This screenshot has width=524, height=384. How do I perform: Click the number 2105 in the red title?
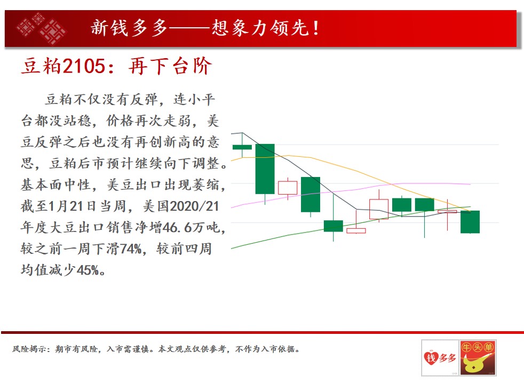[x=84, y=66]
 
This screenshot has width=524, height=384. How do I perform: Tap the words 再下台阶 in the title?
[x=170, y=66]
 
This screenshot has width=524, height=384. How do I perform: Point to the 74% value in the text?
[x=131, y=249]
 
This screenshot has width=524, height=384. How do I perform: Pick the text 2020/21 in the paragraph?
[x=194, y=206]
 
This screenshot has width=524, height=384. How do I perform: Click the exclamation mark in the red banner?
[x=315, y=28]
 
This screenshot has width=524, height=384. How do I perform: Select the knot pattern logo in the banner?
[x=41, y=28]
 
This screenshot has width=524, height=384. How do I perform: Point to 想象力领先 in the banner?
[x=260, y=28]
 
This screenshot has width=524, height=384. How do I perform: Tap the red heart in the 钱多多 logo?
[x=431, y=358]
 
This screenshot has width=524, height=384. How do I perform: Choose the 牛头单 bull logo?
[x=478, y=358]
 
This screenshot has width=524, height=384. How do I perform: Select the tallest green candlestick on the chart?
[x=265, y=169]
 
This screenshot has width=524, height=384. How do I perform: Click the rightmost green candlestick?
[x=470, y=222]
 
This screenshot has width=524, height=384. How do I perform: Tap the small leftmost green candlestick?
[x=242, y=147]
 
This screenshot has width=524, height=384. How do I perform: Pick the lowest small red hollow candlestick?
[x=356, y=230]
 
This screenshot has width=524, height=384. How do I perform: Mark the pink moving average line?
[x=351, y=190]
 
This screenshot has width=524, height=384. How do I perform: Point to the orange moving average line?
[x=351, y=170]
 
